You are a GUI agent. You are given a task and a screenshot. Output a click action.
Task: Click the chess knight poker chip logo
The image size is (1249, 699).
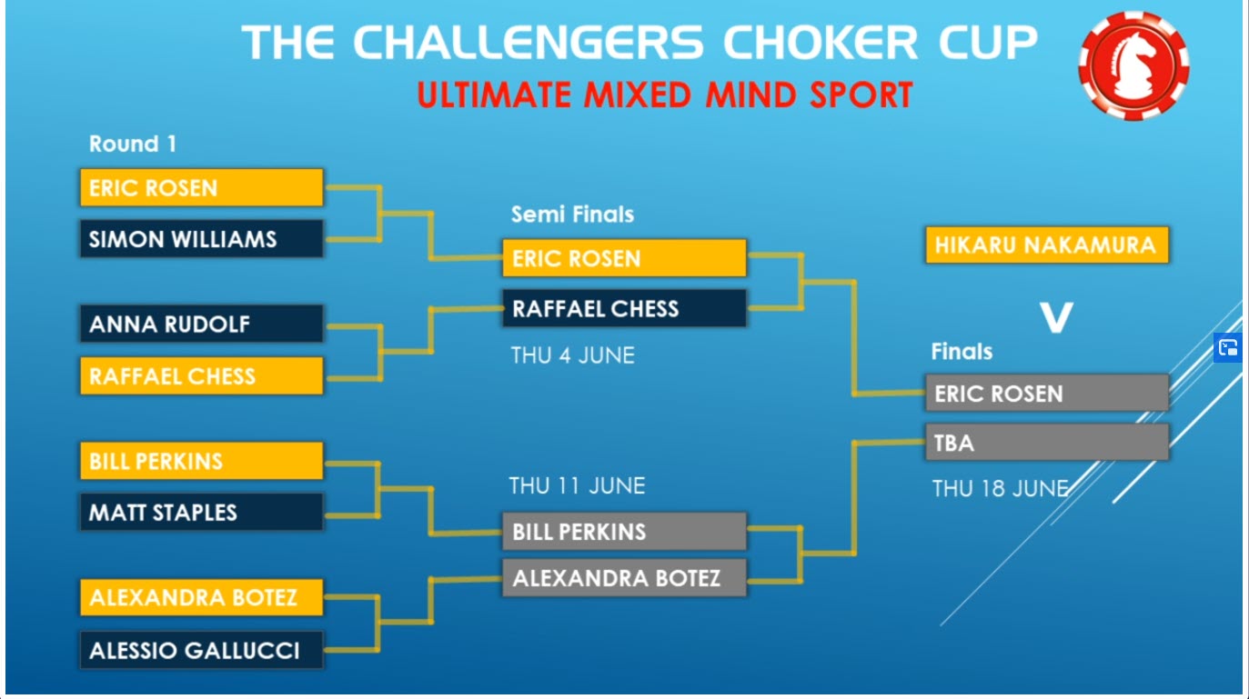pyautogui.click(x=1133, y=65)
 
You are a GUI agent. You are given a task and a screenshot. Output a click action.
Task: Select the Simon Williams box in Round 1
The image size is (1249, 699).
pyautogui.click(x=202, y=239)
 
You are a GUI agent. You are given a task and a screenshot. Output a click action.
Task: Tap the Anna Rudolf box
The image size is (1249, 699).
pyautogui.click(x=202, y=324)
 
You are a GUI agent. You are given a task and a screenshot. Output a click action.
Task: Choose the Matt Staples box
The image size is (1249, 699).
pyautogui.click(x=202, y=512)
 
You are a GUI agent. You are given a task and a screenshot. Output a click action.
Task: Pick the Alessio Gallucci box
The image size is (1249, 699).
pyautogui.click(x=202, y=650)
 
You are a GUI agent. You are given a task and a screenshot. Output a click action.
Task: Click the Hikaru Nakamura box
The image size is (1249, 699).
pyautogui.click(x=1047, y=245)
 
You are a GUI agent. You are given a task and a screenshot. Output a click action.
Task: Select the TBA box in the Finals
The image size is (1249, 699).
pyautogui.click(x=1047, y=443)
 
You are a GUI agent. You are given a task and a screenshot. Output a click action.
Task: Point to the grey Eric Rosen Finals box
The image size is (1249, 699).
pyautogui.click(x=1047, y=393)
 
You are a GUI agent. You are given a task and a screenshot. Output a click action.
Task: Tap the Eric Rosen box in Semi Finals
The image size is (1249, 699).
pyautogui.click(x=624, y=258)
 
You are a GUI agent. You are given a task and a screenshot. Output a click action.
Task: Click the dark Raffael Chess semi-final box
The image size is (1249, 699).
pyautogui.click(x=624, y=308)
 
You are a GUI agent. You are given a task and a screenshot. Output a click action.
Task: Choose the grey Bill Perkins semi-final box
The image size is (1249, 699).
pyautogui.click(x=624, y=532)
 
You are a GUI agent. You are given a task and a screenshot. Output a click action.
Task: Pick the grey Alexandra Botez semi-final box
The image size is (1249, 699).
pyautogui.click(x=624, y=578)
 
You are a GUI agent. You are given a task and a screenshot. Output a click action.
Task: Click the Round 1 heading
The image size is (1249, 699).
pyautogui.click(x=133, y=144)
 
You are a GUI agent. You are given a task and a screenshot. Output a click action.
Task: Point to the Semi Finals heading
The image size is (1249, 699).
pyautogui.click(x=572, y=215)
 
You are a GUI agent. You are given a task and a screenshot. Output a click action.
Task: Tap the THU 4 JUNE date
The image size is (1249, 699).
pyautogui.click(x=572, y=355)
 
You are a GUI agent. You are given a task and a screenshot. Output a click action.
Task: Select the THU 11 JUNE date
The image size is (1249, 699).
pyautogui.click(x=577, y=485)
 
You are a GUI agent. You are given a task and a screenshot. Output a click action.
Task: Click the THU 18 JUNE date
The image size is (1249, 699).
pyautogui.click(x=1001, y=488)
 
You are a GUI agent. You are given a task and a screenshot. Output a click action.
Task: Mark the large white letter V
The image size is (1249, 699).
pyautogui.click(x=1056, y=317)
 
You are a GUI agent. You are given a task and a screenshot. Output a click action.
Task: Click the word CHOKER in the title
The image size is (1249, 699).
pyautogui.click(x=821, y=43)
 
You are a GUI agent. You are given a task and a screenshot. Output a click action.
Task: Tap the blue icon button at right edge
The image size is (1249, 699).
pyautogui.click(x=1228, y=348)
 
